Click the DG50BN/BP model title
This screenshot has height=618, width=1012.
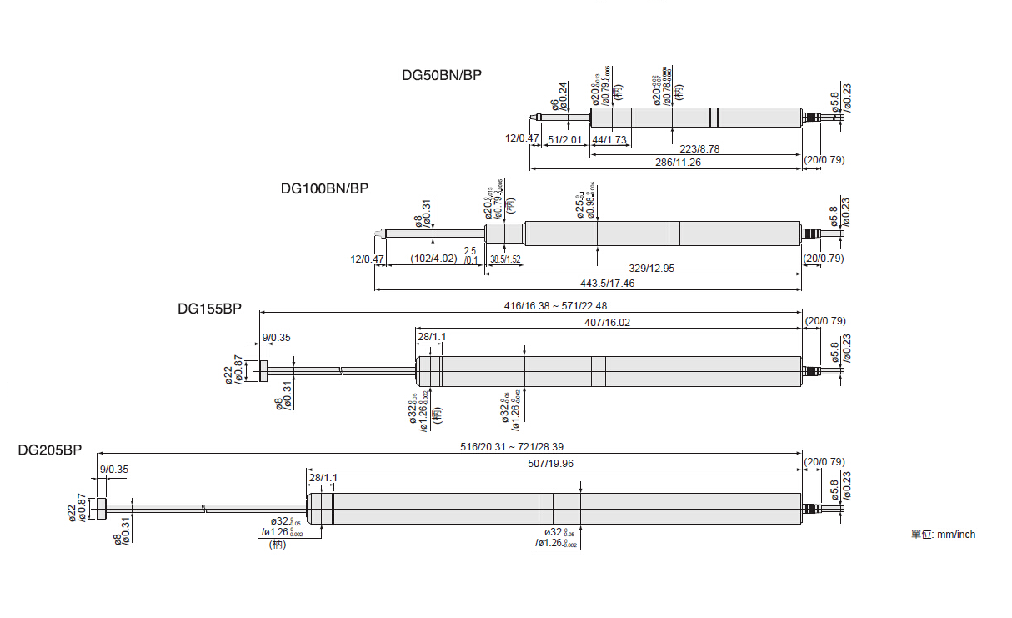[442, 74]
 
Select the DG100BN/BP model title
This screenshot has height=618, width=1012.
[324, 188]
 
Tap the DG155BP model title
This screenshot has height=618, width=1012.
[209, 308]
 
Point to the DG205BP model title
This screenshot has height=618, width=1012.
[50, 450]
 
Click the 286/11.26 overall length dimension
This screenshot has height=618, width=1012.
[677, 163]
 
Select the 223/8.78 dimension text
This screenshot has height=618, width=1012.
[695, 148]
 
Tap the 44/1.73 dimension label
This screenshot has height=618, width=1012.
[609, 139]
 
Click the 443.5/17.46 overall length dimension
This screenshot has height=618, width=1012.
[589, 284]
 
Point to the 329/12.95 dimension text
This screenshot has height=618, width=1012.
[651, 269]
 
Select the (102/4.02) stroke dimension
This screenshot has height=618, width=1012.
[434, 259]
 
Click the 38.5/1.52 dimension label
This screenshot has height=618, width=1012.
[505, 259]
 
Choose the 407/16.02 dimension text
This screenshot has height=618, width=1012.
[607, 322]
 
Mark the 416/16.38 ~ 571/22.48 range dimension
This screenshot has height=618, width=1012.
[555, 306]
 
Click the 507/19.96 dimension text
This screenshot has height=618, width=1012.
[552, 464]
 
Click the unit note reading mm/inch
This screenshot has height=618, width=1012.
[943, 535]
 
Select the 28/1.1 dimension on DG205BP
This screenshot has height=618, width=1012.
[323, 478]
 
